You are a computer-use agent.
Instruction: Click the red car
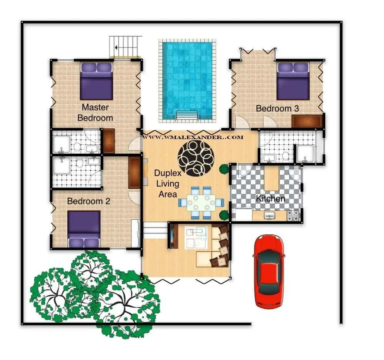pyautogui.click(x=269, y=271)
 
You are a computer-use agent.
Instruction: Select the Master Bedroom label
pyautogui.click(x=95, y=112)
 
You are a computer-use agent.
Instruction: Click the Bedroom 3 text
pyautogui.click(x=277, y=108)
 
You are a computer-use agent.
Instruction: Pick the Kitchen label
pyautogui.click(x=270, y=199)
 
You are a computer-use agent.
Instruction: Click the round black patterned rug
pyautogui.click(x=195, y=158)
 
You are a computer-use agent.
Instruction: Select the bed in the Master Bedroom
pyautogui.click(x=96, y=81)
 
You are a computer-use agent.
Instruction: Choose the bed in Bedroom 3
pyautogui.click(x=293, y=81)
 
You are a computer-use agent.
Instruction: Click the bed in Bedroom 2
pyautogui.click(x=84, y=229)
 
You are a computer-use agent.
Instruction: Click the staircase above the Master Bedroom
pyautogui.click(x=125, y=47)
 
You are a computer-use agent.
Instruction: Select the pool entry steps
pyautogui.click(x=187, y=115)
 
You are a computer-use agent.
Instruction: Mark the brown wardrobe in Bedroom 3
pyautogui.click(x=306, y=121)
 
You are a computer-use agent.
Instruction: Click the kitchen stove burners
pyautogui.click(x=293, y=216)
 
